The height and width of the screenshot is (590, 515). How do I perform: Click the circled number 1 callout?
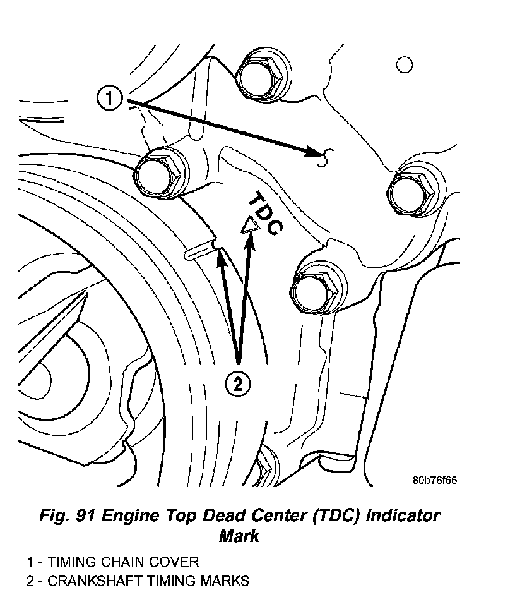(110, 99)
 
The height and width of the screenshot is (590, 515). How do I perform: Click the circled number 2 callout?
(238, 383)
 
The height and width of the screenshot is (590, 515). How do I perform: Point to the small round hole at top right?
(404, 64)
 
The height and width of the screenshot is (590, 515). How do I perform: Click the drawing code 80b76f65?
(434, 480)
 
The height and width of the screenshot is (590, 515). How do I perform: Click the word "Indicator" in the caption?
(394, 515)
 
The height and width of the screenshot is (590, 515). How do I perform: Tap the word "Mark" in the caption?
(239, 537)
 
